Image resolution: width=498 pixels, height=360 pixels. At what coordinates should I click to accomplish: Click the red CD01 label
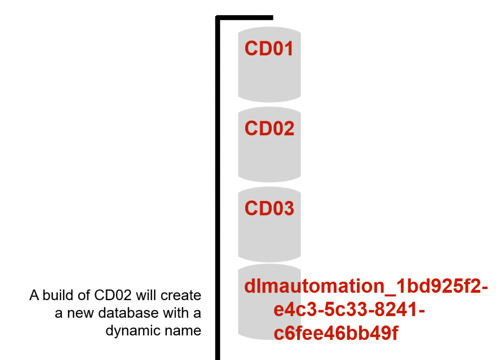coord(269,49)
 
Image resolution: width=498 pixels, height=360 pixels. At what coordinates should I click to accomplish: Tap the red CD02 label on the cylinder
coord(269,128)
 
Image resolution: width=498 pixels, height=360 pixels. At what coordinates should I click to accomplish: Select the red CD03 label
coord(269,208)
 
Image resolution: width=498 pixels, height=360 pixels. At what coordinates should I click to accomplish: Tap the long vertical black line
coord(218,195)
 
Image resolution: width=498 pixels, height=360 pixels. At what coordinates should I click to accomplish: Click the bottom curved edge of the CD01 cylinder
coord(269,100)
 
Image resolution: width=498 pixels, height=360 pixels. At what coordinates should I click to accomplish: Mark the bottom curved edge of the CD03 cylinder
coord(269,259)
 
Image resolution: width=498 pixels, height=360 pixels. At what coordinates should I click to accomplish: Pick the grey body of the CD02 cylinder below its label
coord(269,158)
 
